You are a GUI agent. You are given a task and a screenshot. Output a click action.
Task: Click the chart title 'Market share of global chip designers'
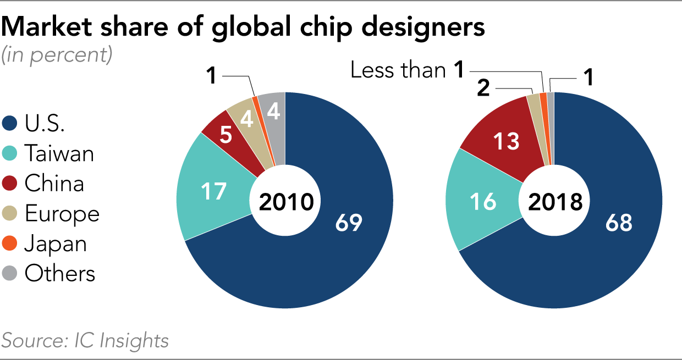coord(243,27)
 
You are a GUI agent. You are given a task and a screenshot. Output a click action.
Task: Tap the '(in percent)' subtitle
coord(57,55)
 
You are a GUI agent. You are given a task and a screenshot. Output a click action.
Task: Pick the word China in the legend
coord(54,183)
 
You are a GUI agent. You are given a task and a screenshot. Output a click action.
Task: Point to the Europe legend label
coord(62,213)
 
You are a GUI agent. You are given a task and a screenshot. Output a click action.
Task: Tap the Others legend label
coord(59,273)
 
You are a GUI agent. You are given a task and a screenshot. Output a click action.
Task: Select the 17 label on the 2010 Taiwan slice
coord(213,192)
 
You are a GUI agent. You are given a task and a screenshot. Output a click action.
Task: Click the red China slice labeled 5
coord(226,135)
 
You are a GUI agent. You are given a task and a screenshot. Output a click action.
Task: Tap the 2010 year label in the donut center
coord(285,202)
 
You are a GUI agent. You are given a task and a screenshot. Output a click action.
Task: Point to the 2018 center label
coord(554,202)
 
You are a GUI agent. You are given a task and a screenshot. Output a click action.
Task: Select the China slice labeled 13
coord(506,141)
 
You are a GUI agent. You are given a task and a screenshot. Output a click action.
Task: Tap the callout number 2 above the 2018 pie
coord(483,88)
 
